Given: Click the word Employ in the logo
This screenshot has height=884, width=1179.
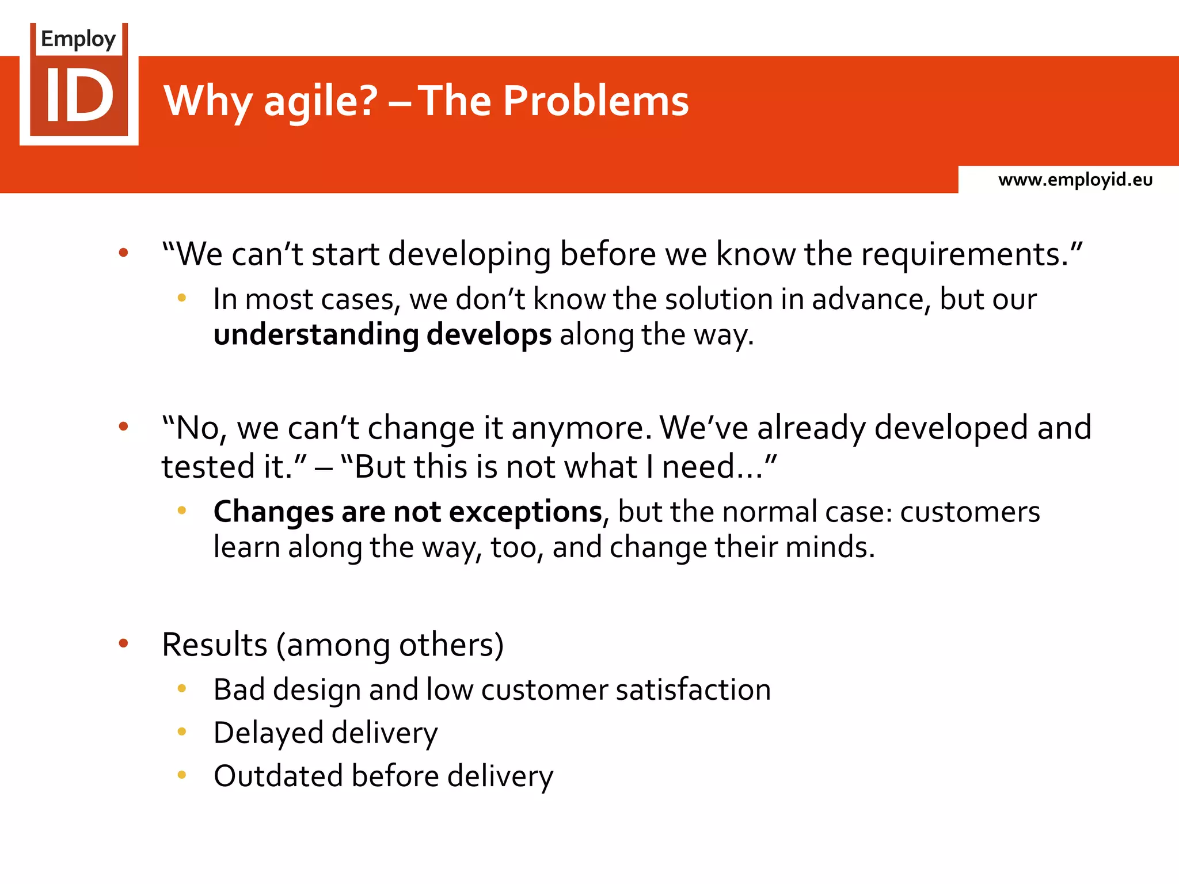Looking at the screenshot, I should (78, 39).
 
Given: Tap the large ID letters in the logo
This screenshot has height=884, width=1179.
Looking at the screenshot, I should (79, 96).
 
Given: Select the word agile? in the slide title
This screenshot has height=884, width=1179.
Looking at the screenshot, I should (320, 101).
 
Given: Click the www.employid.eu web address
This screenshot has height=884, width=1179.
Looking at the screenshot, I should (1075, 180).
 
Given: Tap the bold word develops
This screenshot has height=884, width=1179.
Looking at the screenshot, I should (489, 335).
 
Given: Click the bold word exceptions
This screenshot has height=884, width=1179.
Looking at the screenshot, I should (525, 511).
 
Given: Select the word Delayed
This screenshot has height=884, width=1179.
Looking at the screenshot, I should (268, 733).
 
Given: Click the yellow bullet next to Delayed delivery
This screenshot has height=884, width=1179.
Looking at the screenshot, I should (182, 731).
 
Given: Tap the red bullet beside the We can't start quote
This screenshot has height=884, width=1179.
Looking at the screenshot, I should (123, 252).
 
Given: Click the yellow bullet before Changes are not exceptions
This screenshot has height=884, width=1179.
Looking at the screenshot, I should (182, 510).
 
